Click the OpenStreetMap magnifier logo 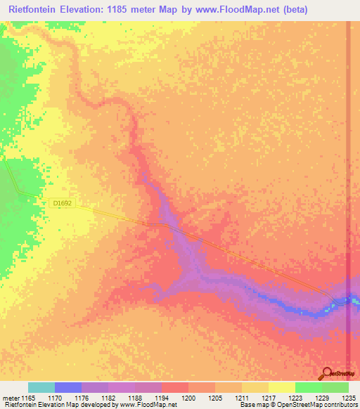pos(328,373)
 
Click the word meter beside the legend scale pos(11,397)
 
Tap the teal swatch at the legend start pos(41,387)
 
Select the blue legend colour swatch pos(67,387)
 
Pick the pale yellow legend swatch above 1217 pos(281,387)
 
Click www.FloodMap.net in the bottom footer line pos(147,405)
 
